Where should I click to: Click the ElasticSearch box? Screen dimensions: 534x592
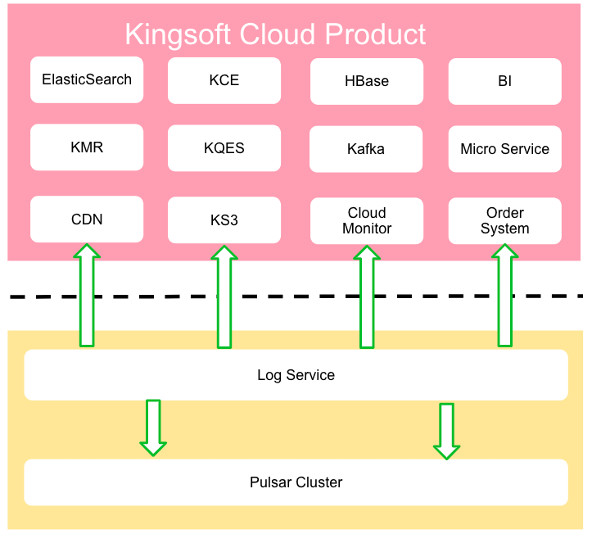coord(87,79)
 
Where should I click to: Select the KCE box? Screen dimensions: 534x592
coord(224,80)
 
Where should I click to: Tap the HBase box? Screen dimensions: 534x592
coord(367,81)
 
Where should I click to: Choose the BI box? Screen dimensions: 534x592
coord(504,81)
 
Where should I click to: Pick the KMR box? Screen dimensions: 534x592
coord(87,148)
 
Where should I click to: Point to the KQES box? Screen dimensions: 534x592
coord(224,148)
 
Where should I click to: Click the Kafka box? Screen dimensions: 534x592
coord(367,149)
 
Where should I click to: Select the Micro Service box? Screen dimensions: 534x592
coord(504,149)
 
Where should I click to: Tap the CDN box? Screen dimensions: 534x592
coord(87,219)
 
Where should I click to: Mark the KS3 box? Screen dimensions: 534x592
coord(224,220)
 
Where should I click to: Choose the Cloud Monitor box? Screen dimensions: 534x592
coord(367,220)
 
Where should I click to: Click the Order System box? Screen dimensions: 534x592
coord(504,220)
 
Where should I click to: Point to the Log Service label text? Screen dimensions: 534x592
coord(296,375)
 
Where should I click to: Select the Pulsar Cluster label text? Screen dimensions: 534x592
coord(296,482)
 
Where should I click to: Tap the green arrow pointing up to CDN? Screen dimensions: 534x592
coord(87,295)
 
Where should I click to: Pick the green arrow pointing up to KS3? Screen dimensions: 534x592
coord(224,296)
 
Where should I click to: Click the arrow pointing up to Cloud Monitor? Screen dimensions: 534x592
coord(367,296)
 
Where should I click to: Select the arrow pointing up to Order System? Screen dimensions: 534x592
coord(505,296)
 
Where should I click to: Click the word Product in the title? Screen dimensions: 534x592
coord(376,34)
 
